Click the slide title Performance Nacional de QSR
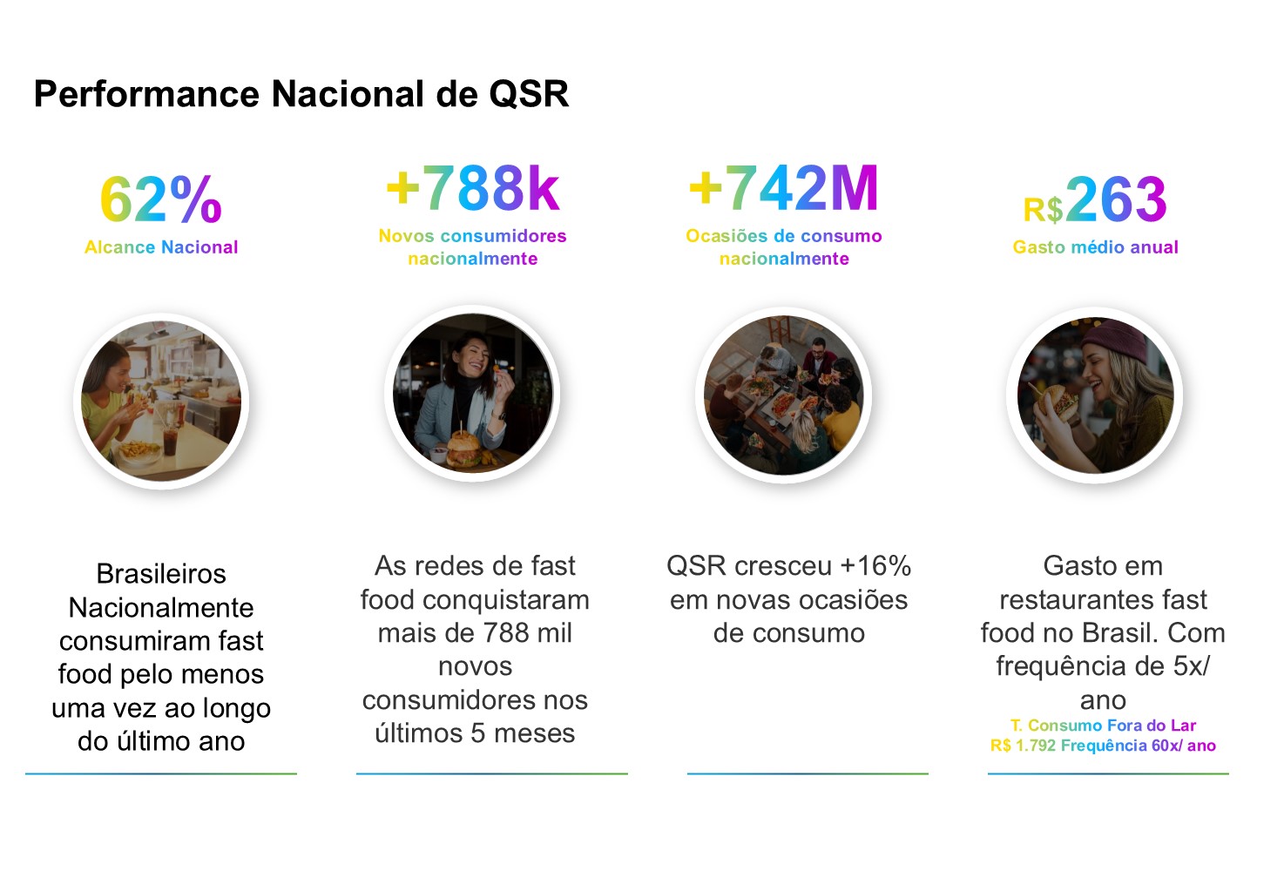(301, 94)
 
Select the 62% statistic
(161, 199)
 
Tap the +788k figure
(473, 188)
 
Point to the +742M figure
(784, 188)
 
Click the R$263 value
(1095, 200)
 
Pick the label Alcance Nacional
(161, 247)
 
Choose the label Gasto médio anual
(1095, 247)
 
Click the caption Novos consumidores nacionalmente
(473, 247)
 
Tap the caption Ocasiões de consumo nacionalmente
(784, 247)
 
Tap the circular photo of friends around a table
(784, 395)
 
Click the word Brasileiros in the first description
(161, 574)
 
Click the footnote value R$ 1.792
(1023, 746)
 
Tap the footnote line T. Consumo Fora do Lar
(1103, 726)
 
